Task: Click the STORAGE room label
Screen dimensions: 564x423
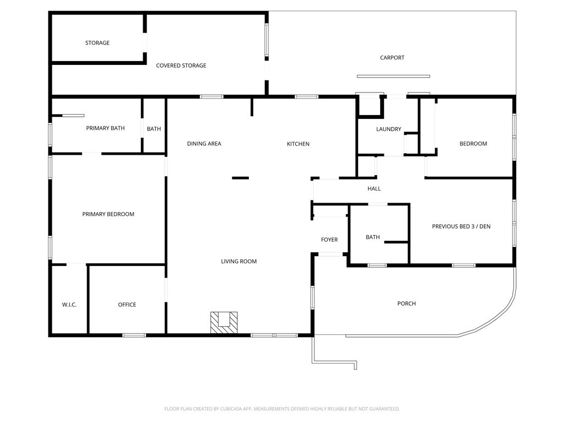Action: click(x=97, y=43)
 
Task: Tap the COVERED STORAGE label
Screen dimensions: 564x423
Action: click(x=181, y=66)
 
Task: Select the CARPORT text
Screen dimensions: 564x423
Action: click(x=392, y=57)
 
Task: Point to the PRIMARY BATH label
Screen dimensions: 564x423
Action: click(x=105, y=128)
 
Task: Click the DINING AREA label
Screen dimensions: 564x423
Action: click(x=204, y=144)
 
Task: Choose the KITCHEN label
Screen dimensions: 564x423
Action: click(x=298, y=144)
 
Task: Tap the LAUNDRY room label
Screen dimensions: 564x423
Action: click(x=388, y=129)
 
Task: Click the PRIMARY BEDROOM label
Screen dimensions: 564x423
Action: click(x=109, y=214)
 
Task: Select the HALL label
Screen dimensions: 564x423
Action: click(x=374, y=188)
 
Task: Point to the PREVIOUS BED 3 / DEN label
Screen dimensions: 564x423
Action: click(x=461, y=226)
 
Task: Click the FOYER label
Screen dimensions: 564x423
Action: click(x=329, y=240)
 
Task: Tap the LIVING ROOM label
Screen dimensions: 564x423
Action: click(x=239, y=262)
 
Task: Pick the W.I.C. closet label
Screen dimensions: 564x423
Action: click(x=69, y=305)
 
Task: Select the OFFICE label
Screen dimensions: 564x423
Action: click(x=127, y=305)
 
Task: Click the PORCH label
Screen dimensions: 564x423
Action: click(x=406, y=303)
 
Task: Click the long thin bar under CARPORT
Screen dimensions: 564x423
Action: click(x=393, y=76)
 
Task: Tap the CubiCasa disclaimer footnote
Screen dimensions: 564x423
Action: click(x=282, y=409)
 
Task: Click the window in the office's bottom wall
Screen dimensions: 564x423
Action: click(x=134, y=335)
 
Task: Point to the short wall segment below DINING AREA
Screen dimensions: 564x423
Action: click(x=240, y=178)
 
